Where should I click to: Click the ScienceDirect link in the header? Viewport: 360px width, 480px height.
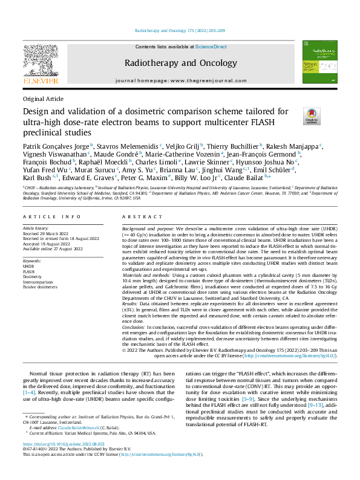coord(211,47)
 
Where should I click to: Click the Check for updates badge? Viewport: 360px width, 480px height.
coord(312,115)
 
